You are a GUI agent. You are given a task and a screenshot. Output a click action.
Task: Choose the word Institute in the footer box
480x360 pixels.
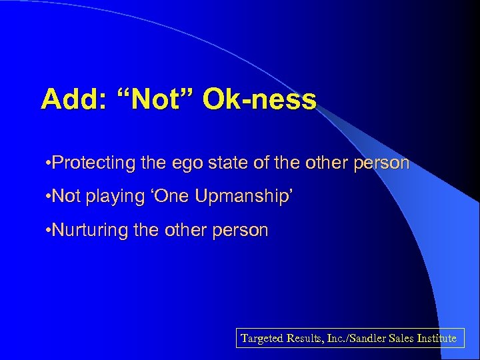437,338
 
